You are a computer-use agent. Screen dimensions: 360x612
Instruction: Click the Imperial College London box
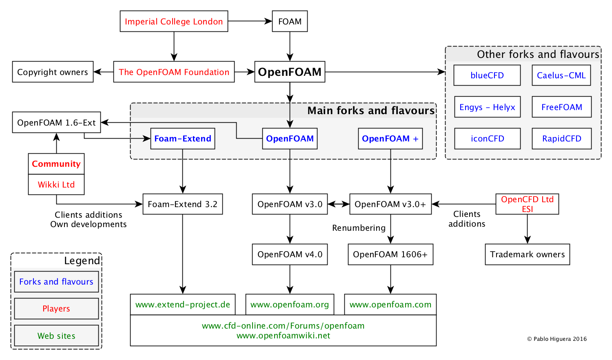pyautogui.click(x=174, y=21)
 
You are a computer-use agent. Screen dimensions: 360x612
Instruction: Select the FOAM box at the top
pyautogui.click(x=290, y=21)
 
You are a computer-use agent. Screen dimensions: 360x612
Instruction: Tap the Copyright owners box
pyautogui.click(x=53, y=72)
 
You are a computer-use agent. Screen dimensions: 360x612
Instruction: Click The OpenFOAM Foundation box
pyautogui.click(x=174, y=72)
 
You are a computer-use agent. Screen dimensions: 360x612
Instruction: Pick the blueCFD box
pyautogui.click(x=487, y=75)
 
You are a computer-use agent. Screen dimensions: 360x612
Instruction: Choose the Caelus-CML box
pyautogui.click(x=561, y=75)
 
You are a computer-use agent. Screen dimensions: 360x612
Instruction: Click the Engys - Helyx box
pyautogui.click(x=487, y=107)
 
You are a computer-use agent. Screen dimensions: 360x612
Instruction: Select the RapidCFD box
pyautogui.click(x=561, y=139)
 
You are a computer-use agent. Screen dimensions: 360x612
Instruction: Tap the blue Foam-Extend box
pyautogui.click(x=182, y=139)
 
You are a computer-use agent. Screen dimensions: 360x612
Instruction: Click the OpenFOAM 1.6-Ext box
pyautogui.click(x=56, y=122)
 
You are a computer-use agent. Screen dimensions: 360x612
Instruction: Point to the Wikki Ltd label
pyautogui.click(x=56, y=185)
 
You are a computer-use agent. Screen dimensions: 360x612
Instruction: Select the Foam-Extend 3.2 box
pyautogui.click(x=182, y=204)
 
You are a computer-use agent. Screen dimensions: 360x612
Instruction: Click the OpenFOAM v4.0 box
pyautogui.click(x=290, y=254)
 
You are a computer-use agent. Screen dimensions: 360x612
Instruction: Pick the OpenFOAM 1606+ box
pyautogui.click(x=390, y=254)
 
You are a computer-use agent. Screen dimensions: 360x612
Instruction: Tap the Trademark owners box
pyautogui.click(x=527, y=254)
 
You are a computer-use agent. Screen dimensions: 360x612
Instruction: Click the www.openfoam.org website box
pyautogui.click(x=290, y=305)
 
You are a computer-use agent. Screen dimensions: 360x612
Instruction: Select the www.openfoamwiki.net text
pyautogui.click(x=283, y=336)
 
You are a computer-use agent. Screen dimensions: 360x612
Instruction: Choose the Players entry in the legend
pyautogui.click(x=56, y=309)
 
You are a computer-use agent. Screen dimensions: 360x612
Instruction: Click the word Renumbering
pyautogui.click(x=359, y=228)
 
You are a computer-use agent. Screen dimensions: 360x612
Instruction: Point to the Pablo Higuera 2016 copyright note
pyautogui.click(x=557, y=339)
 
